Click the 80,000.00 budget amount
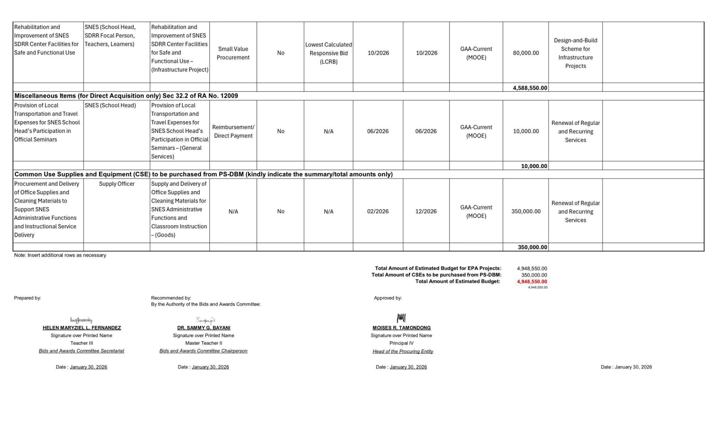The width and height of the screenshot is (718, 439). pyautogui.click(x=526, y=53)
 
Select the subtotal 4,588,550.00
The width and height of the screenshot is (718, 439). pyautogui.click(x=530, y=88)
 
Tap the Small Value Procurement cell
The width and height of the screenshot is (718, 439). pyautogui.click(x=233, y=53)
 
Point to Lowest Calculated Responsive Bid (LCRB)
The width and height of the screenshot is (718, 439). pyautogui.click(x=328, y=53)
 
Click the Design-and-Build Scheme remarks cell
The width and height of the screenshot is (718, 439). pyautogui.click(x=575, y=53)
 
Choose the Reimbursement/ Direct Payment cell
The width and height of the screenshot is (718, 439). pyautogui.click(x=233, y=131)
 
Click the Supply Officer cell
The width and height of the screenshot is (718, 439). pyautogui.click(x=116, y=184)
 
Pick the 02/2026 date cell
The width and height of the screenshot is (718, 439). pyautogui.click(x=378, y=212)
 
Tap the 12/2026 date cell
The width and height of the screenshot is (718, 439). pyautogui.click(x=426, y=212)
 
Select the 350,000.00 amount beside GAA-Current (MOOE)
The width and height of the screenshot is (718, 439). pyautogui.click(x=526, y=212)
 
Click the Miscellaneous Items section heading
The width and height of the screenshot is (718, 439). pyautogui.click(x=126, y=96)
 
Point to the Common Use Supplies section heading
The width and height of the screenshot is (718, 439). pyautogui.click(x=203, y=174)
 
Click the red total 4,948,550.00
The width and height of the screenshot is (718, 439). pyautogui.click(x=532, y=282)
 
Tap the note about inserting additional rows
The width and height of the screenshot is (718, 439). pyautogui.click(x=60, y=255)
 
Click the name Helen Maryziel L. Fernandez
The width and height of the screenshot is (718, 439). pyautogui.click(x=82, y=328)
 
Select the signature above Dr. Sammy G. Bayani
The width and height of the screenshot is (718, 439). pyautogui.click(x=205, y=320)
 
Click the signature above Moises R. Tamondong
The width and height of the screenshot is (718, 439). pyautogui.click(x=401, y=318)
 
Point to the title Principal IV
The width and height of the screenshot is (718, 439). pyautogui.click(x=401, y=343)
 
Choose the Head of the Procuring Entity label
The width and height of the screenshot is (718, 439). pyautogui.click(x=403, y=351)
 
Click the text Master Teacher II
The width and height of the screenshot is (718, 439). pyautogui.click(x=203, y=343)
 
